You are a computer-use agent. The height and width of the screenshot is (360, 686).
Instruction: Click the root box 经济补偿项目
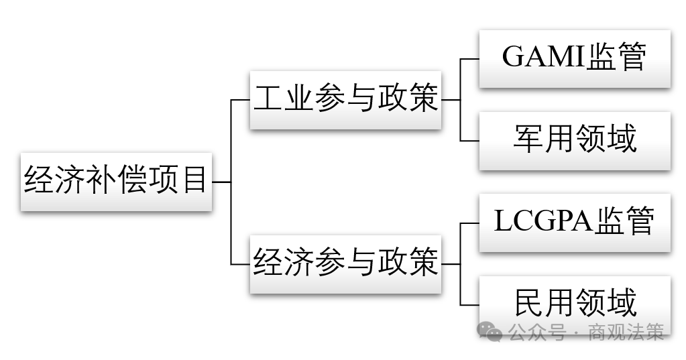pos(116,182)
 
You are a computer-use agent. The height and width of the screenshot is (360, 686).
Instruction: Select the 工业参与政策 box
pos(345,100)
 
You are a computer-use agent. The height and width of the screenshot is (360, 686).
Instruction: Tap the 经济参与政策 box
pos(345,263)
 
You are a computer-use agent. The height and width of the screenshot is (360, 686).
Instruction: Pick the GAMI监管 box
pos(574,58)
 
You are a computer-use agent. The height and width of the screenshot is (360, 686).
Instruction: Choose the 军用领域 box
pos(574,140)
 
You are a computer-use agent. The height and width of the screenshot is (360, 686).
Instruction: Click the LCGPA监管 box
pos(574,223)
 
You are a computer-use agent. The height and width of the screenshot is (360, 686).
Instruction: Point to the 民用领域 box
pos(574,303)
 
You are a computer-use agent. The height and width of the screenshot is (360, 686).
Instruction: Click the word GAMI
pos(543,58)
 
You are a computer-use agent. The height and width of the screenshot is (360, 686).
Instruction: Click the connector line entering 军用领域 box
pos(470,141)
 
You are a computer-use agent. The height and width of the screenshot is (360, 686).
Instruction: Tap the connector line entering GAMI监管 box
pos(470,59)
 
